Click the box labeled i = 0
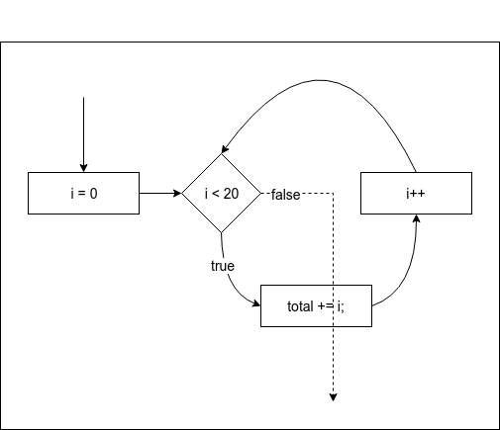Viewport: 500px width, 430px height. click(x=83, y=193)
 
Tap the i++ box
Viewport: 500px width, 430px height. click(x=416, y=193)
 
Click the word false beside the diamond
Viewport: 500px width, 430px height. click(x=285, y=194)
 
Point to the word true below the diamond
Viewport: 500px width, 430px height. click(x=222, y=266)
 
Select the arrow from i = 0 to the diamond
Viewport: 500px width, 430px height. click(x=158, y=193)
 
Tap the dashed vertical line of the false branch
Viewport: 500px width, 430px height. click(x=333, y=297)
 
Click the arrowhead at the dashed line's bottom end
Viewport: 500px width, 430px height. click(x=333, y=397)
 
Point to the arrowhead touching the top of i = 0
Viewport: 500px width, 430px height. click(x=83, y=167)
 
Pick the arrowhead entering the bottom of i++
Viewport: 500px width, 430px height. click(x=417, y=219)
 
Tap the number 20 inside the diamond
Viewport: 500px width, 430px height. click(x=229, y=193)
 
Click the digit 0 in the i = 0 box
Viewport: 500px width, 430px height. click(x=93, y=193)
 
